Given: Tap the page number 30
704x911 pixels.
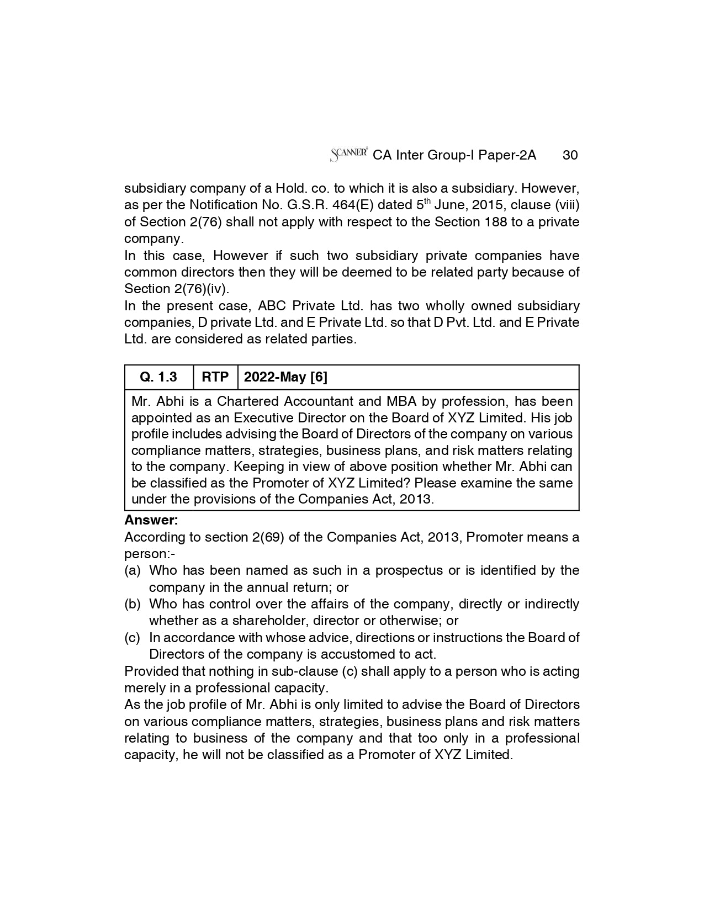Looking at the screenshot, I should (x=570, y=155).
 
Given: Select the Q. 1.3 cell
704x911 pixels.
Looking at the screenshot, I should (x=158, y=377).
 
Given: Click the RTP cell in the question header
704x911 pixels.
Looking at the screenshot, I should (x=215, y=377).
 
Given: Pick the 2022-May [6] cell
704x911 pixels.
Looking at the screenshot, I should (x=285, y=377).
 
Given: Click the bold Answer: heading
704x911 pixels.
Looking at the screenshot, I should (x=151, y=520).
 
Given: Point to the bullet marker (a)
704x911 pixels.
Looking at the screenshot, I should (x=133, y=570).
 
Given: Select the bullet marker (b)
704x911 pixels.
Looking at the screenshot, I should (x=133, y=604).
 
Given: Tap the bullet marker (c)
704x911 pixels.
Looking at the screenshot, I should (x=133, y=638).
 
